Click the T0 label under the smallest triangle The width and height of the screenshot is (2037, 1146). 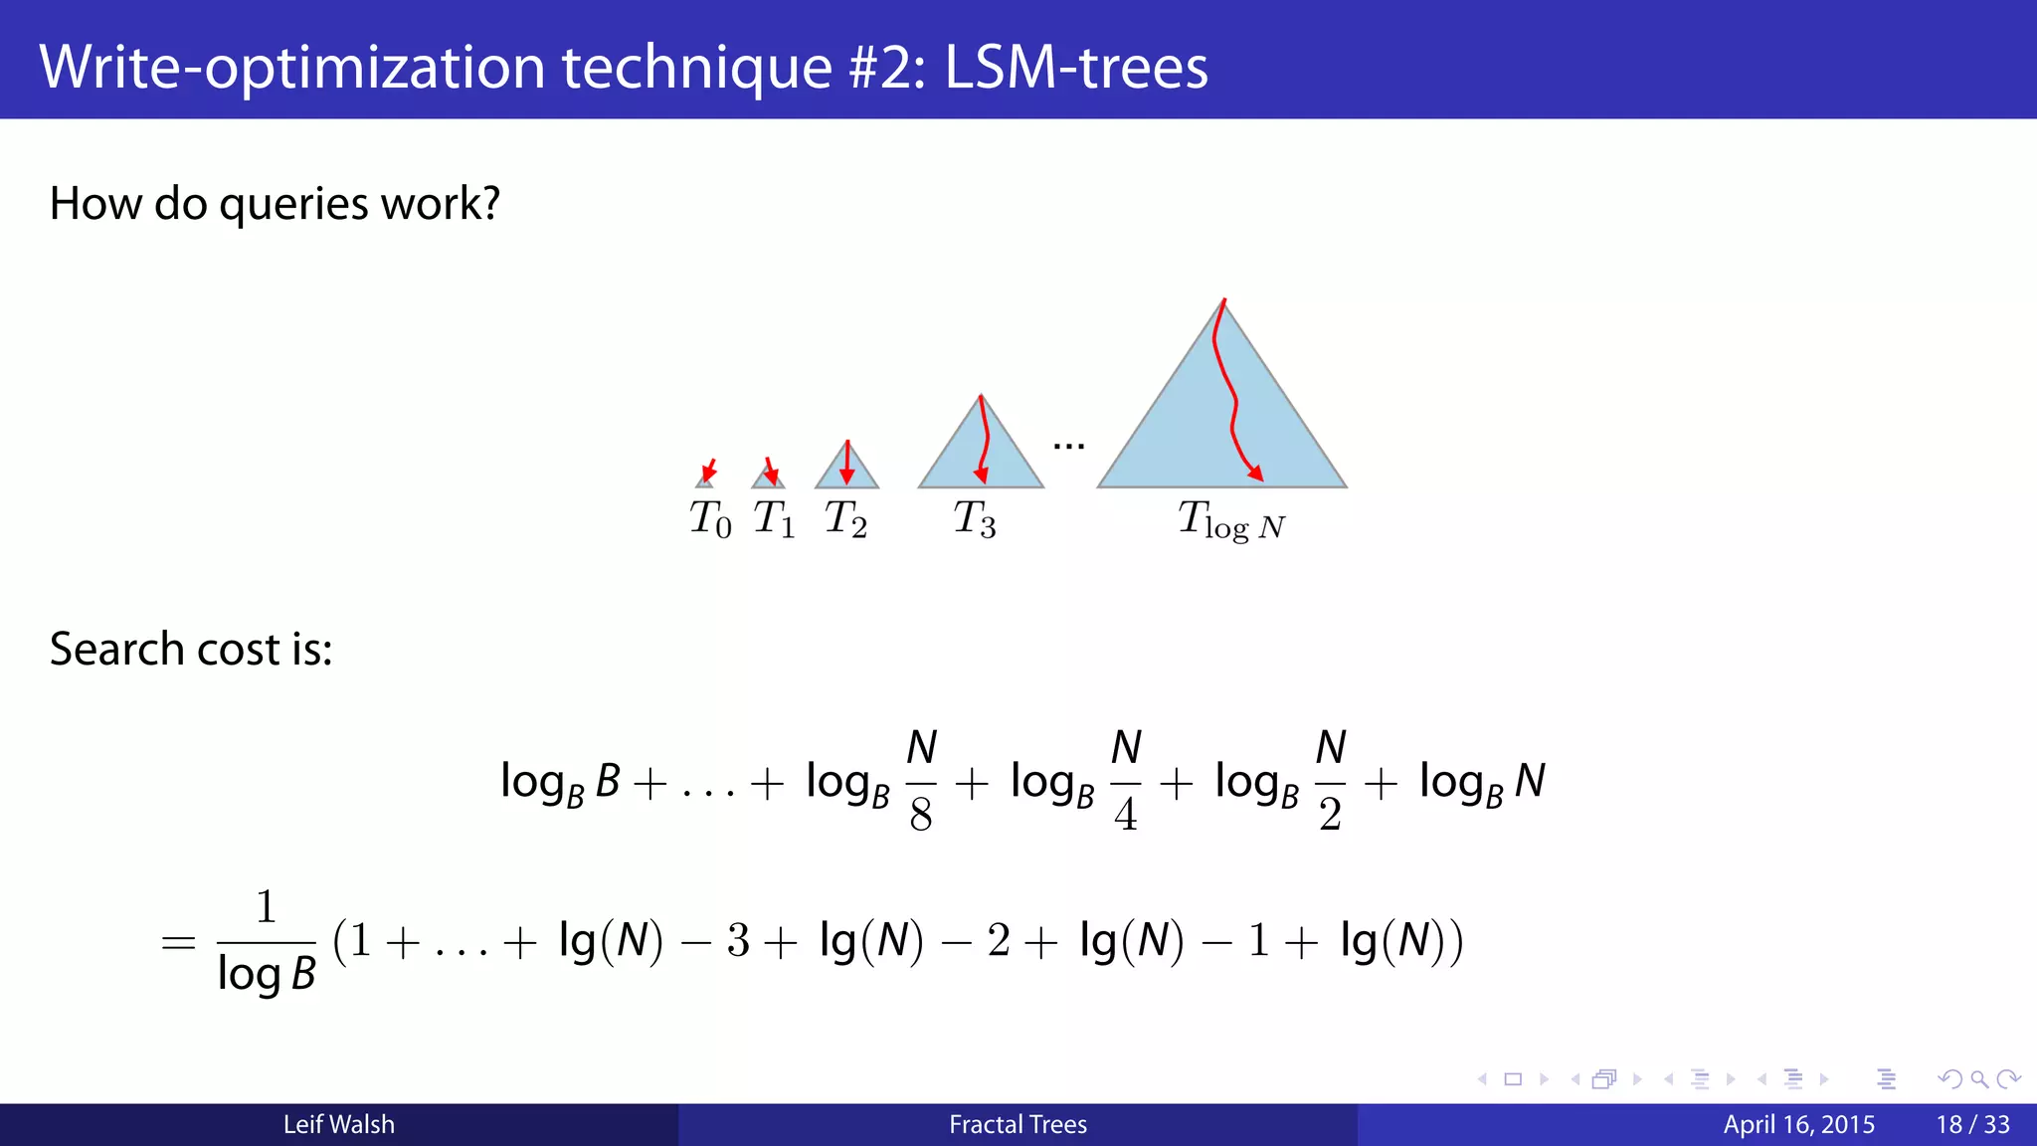tap(710, 519)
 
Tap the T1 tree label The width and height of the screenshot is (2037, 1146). tap(774, 519)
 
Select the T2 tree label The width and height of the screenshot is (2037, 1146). tap(845, 519)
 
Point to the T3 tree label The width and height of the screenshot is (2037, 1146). tap(975, 519)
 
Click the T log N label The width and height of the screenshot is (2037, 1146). tap(1231, 521)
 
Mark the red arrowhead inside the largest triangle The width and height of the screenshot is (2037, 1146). tap(1256, 474)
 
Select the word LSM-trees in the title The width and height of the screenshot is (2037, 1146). tap(1076, 68)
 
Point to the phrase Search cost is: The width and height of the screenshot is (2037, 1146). tap(191, 650)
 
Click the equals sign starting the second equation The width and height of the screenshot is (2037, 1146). tap(178, 942)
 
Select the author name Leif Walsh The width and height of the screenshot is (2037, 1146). tap(339, 1125)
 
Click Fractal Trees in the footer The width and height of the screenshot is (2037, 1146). tap(1018, 1125)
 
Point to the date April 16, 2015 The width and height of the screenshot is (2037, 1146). tap(1798, 1125)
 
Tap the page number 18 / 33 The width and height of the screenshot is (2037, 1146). tap(1972, 1125)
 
